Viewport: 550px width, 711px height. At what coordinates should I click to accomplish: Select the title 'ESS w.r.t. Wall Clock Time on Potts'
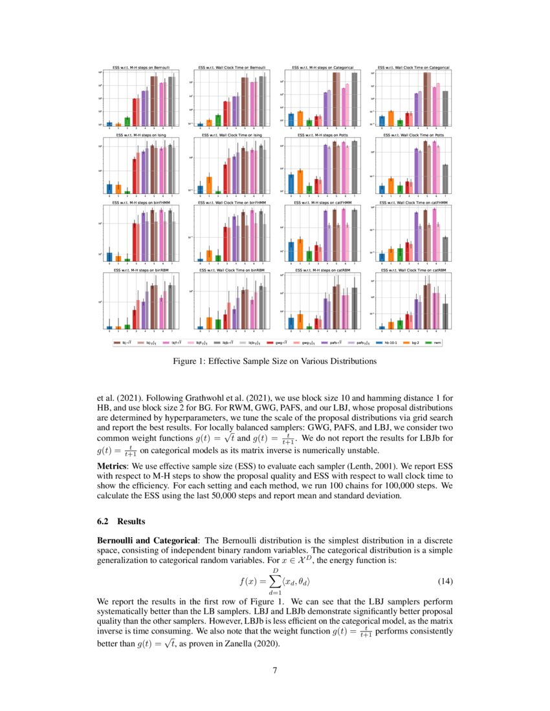[x=413, y=135]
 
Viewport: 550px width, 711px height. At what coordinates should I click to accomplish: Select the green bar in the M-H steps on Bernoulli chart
[x=127, y=121]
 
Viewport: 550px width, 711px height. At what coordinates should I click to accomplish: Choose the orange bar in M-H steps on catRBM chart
[x=300, y=321]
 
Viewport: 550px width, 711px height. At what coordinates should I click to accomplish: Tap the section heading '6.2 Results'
[x=120, y=521]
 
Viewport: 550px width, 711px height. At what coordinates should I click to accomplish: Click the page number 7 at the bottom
[x=275, y=670]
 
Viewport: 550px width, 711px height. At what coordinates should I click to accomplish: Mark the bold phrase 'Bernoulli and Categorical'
[x=148, y=540]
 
